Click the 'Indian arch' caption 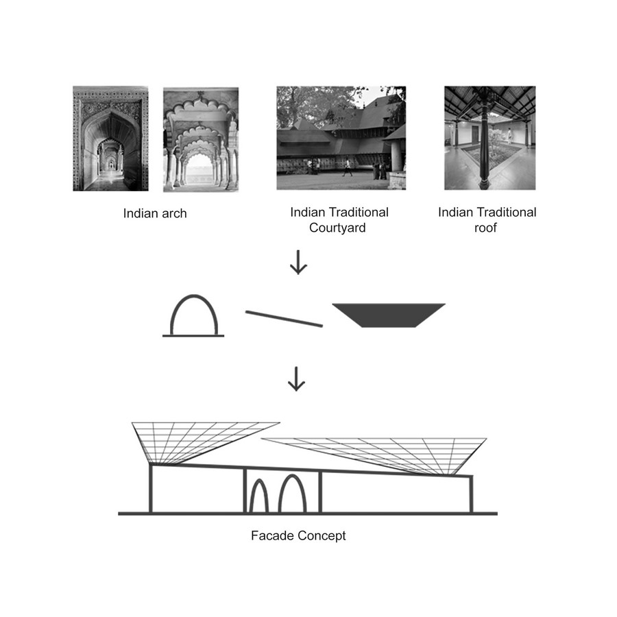point(155,213)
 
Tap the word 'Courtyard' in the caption point(337,228)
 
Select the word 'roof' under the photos point(485,228)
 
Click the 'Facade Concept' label point(298,535)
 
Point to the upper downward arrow point(298,262)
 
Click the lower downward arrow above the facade point(296,379)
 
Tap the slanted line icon point(284,319)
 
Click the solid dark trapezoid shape point(389,315)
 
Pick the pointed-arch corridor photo point(110,138)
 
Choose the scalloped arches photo point(201,139)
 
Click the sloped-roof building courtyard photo point(341,138)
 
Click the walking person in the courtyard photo point(348,167)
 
